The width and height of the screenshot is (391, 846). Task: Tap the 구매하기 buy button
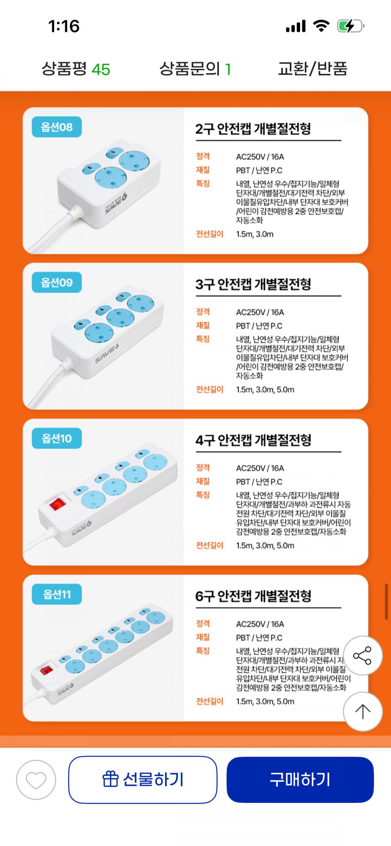(x=300, y=779)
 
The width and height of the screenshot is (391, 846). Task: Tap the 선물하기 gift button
(x=143, y=779)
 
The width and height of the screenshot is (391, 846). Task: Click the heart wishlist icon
(x=36, y=780)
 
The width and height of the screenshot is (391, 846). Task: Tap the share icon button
(x=362, y=655)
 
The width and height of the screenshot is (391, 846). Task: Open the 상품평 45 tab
(x=76, y=69)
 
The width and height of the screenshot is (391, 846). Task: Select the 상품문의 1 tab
(x=195, y=69)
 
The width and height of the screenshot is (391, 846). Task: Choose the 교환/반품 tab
(x=312, y=69)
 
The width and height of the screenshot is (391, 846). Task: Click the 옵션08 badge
(x=57, y=127)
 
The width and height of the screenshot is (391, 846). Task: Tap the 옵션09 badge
(x=57, y=282)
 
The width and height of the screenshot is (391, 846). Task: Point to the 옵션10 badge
(x=57, y=438)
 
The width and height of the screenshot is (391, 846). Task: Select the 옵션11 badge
(x=57, y=594)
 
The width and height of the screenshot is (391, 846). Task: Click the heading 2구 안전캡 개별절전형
(x=253, y=129)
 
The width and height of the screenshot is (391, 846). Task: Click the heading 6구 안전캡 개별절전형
(x=253, y=596)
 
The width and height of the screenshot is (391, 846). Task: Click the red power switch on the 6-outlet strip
(x=46, y=670)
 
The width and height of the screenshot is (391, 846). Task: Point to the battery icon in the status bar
(x=350, y=26)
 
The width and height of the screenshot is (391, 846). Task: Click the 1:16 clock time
(x=64, y=26)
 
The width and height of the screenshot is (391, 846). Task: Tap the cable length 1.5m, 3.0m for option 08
(x=255, y=234)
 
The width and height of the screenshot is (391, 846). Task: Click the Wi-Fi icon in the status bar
(x=321, y=26)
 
